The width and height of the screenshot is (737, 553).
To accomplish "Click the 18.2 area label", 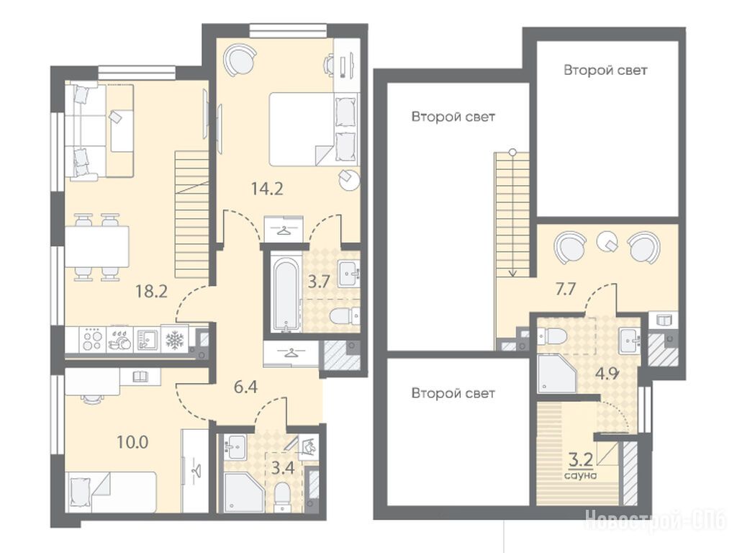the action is pos(151,292).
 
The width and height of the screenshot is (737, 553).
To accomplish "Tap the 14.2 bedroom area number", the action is pos(267,189).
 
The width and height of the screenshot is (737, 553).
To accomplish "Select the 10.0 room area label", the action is pos(132,442).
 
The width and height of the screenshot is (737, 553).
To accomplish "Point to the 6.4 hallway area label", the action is pos(246,388).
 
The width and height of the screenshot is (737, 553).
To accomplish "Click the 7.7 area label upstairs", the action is pos(566,289).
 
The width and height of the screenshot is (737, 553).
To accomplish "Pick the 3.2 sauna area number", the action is pos(580,459).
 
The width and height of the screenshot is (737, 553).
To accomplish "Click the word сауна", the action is pos(581,475).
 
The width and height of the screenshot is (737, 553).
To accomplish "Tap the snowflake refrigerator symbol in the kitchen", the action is pos(175,339).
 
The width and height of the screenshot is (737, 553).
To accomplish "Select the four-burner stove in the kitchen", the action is pos(92,339).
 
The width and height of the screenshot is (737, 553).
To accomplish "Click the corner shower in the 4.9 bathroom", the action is pos(557,374).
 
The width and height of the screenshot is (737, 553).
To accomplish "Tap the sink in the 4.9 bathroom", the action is pos(629,340).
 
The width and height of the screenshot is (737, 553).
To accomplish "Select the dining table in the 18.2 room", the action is pos(97,247).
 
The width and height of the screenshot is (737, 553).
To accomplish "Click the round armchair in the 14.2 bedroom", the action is pos(240,59).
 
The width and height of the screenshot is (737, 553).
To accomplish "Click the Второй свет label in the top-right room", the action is pos(605,70).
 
